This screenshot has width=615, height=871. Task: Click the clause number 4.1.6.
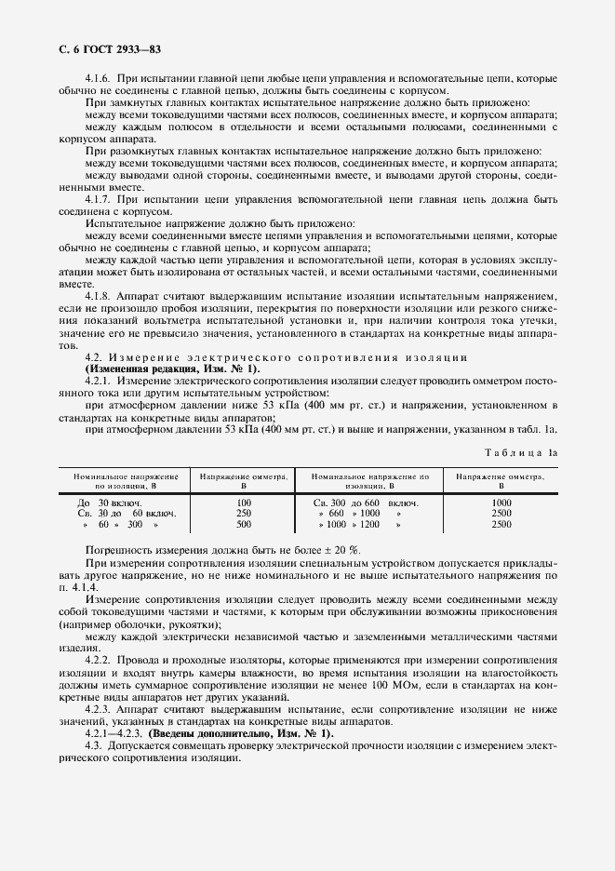(x=100, y=80)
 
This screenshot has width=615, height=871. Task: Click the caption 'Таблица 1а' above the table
(x=521, y=451)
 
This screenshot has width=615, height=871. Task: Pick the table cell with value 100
(x=245, y=502)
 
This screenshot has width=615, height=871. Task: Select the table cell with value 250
(x=245, y=513)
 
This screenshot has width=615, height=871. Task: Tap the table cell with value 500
(x=245, y=524)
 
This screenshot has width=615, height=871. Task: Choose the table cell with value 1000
(x=501, y=502)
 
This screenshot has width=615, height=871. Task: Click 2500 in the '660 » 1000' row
(x=501, y=513)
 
